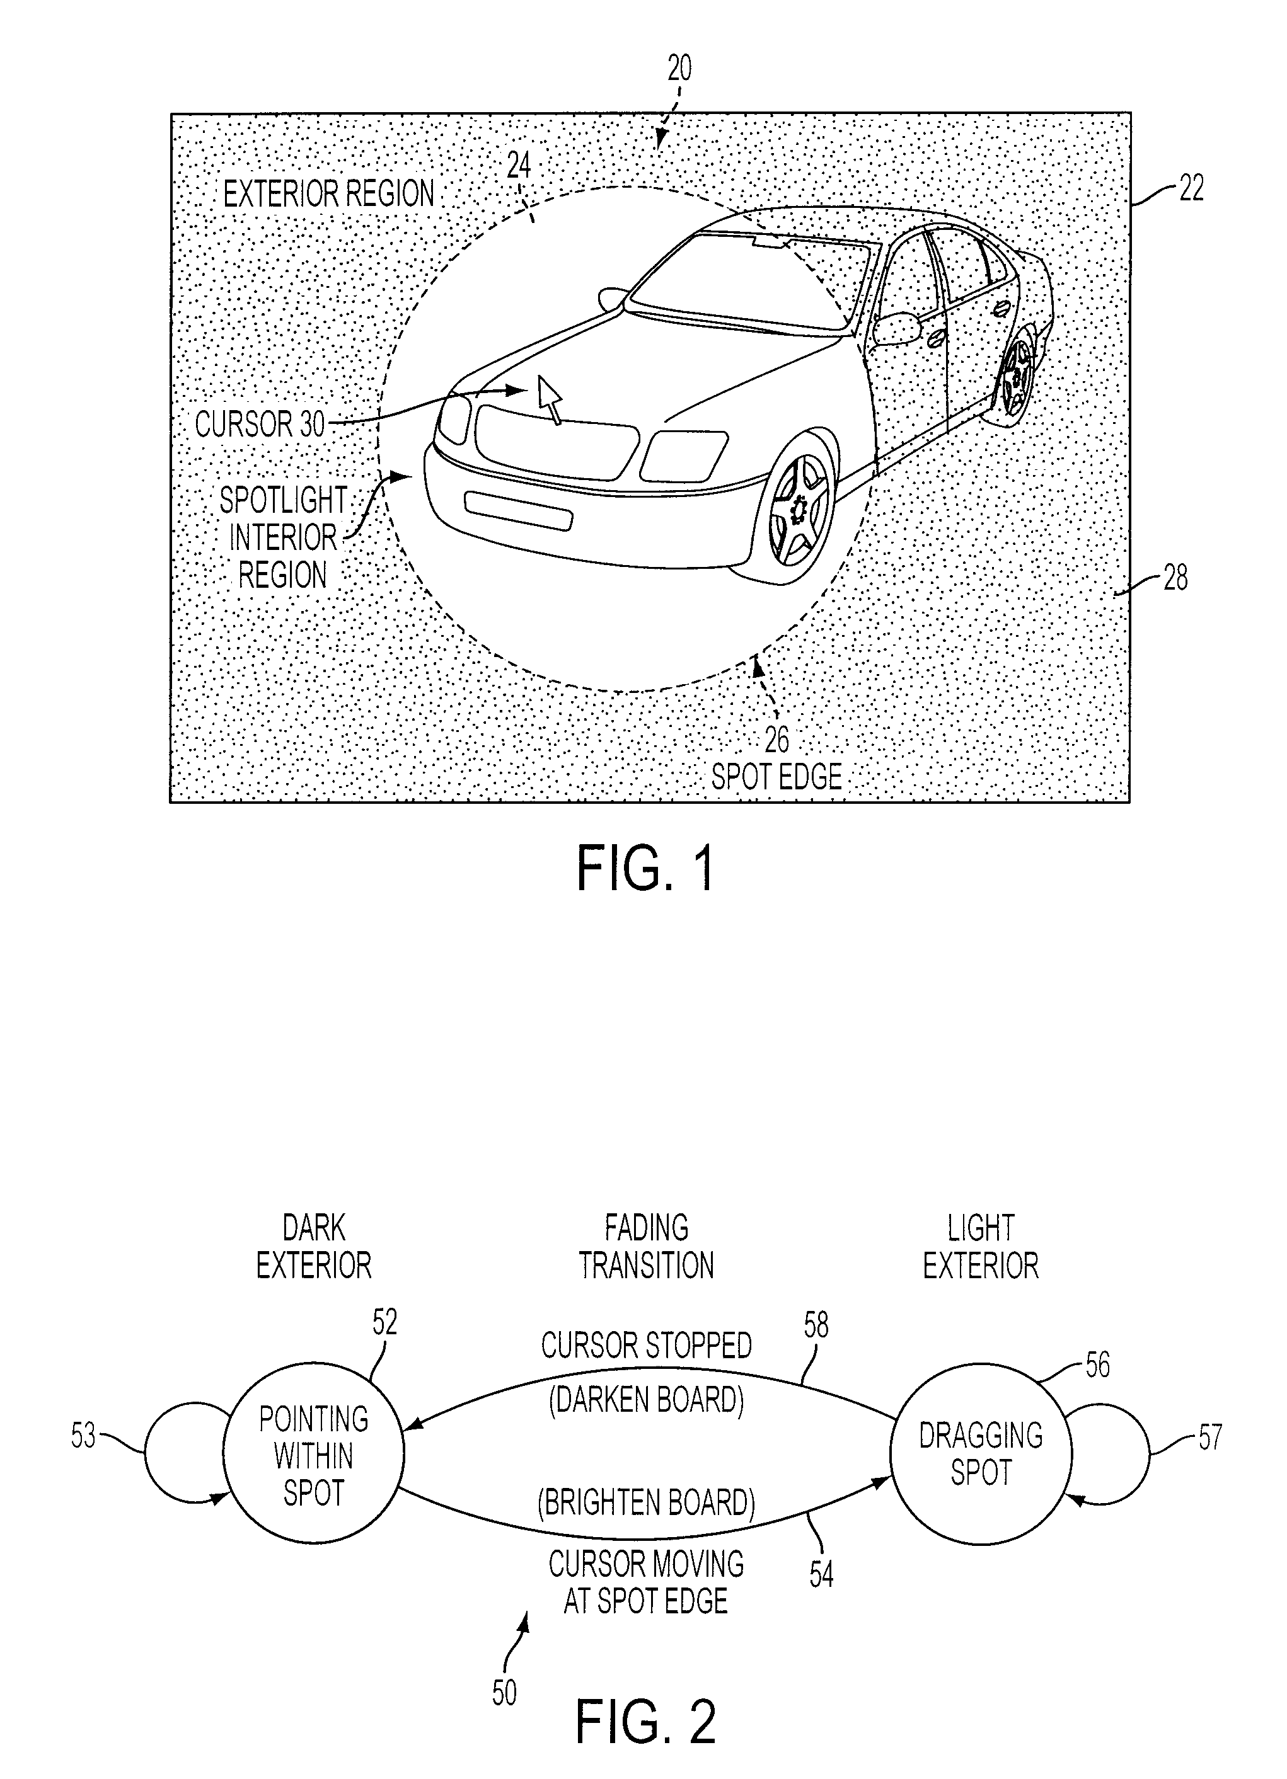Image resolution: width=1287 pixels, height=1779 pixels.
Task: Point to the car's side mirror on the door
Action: (x=896, y=328)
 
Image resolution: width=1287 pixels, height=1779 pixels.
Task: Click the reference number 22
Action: (x=1190, y=189)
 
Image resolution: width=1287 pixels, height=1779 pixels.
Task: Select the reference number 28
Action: (x=1175, y=579)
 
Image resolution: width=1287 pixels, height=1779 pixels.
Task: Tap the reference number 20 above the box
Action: (x=679, y=69)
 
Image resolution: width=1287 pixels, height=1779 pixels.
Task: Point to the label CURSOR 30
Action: (x=260, y=425)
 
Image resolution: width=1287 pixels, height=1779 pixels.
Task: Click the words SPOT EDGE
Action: (x=776, y=777)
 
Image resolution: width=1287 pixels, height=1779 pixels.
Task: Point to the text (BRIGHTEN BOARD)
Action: (x=646, y=1503)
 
